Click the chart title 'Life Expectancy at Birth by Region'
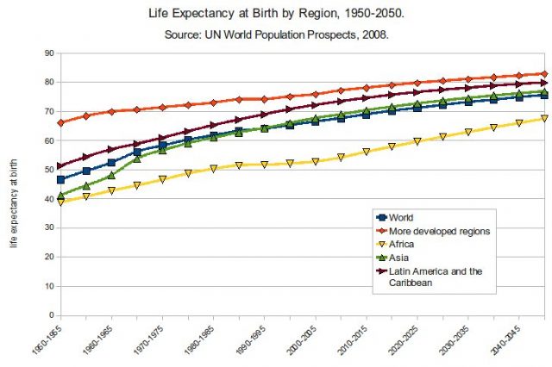tap(275, 15)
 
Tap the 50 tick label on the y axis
tap(48, 170)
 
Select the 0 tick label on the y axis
tap(51, 315)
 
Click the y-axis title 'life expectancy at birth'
tap(13, 184)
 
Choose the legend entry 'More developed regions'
tap(440, 231)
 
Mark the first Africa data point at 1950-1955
tap(60, 202)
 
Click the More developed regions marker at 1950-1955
tap(60, 123)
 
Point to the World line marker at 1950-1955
tap(60, 179)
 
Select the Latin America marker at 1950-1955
tap(60, 166)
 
